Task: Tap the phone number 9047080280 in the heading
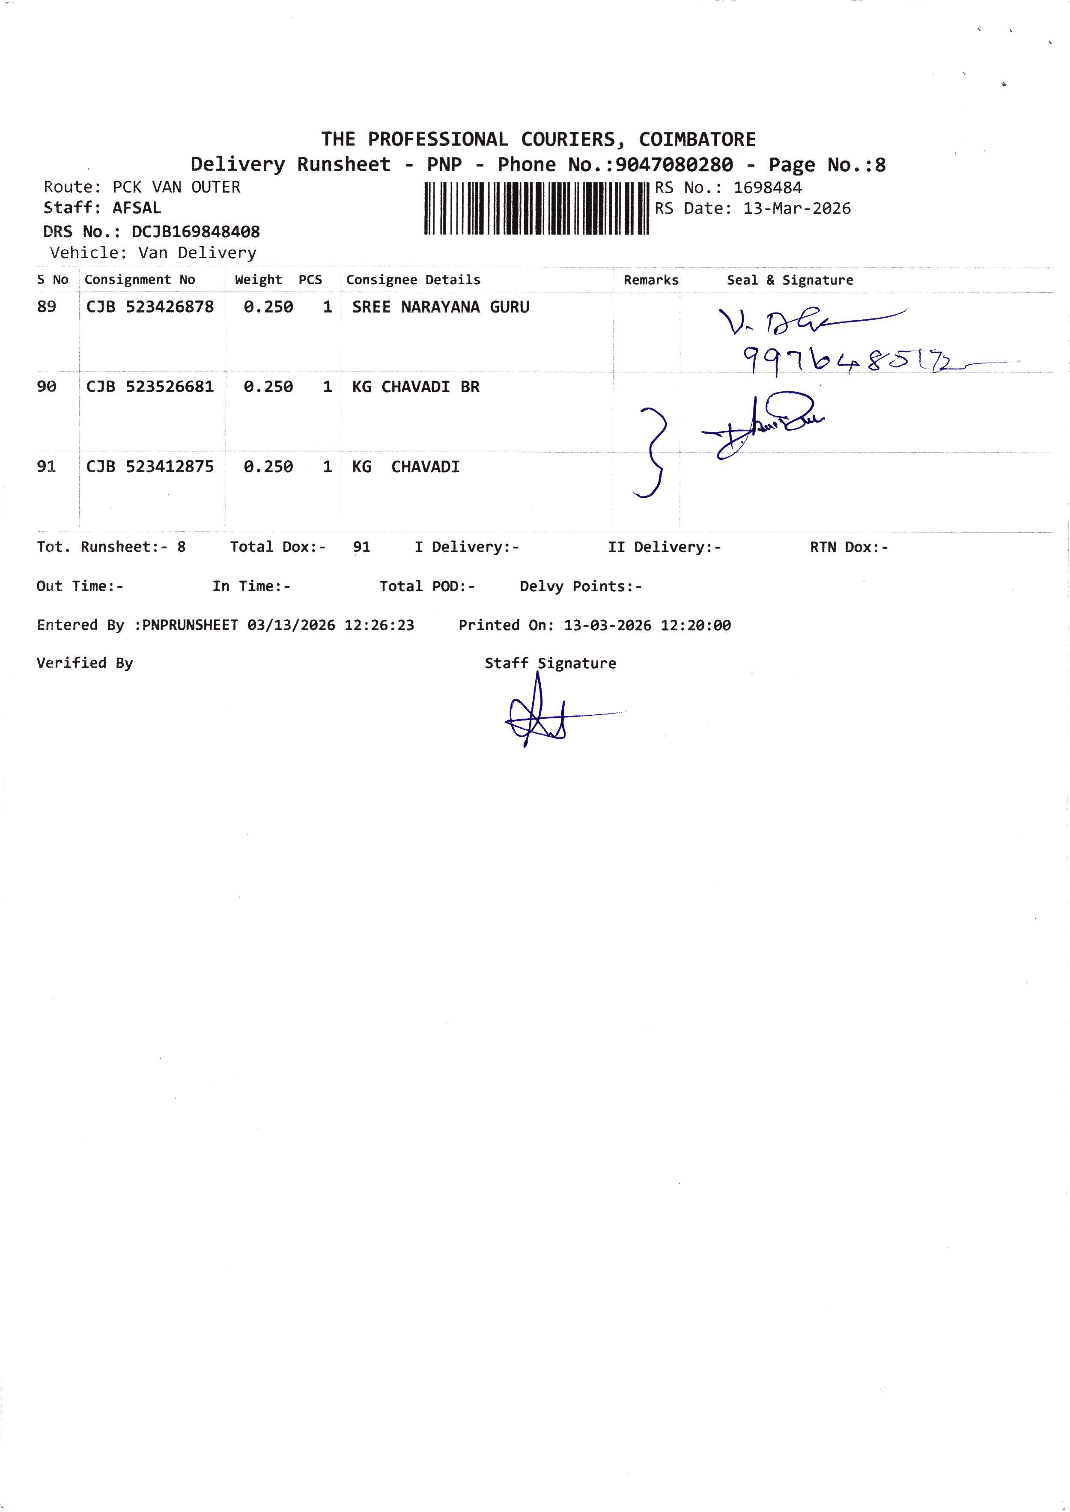pos(674,165)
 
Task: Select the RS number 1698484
pos(768,188)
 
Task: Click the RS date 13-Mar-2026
pos(796,209)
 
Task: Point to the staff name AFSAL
pos(137,208)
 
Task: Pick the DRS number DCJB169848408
pos(196,232)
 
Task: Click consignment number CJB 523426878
pos(150,307)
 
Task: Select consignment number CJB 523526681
pos(150,387)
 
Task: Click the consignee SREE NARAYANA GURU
pos(440,307)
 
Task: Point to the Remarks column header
pos(651,280)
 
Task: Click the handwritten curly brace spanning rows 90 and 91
pos(651,452)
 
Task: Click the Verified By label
pos(84,663)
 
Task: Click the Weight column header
pos(258,280)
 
